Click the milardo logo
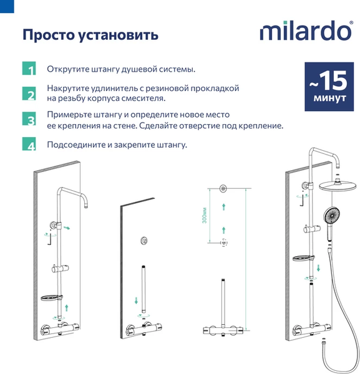click(x=305, y=31)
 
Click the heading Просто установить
click(x=90, y=34)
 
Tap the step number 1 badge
click(x=29, y=69)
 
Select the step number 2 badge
click(x=29, y=94)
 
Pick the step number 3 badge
click(x=29, y=120)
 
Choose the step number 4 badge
click(x=29, y=146)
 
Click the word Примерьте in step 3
click(x=69, y=115)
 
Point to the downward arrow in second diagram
click(x=137, y=301)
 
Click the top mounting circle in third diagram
click(x=223, y=188)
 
